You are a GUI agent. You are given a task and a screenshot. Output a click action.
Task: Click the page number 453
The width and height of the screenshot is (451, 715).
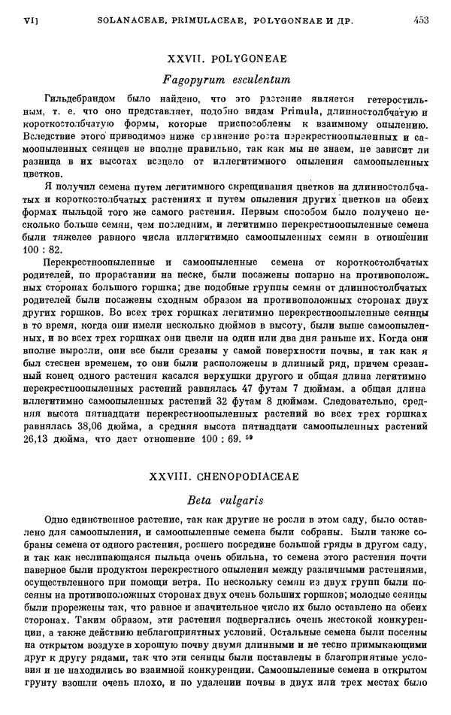tap(420, 22)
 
